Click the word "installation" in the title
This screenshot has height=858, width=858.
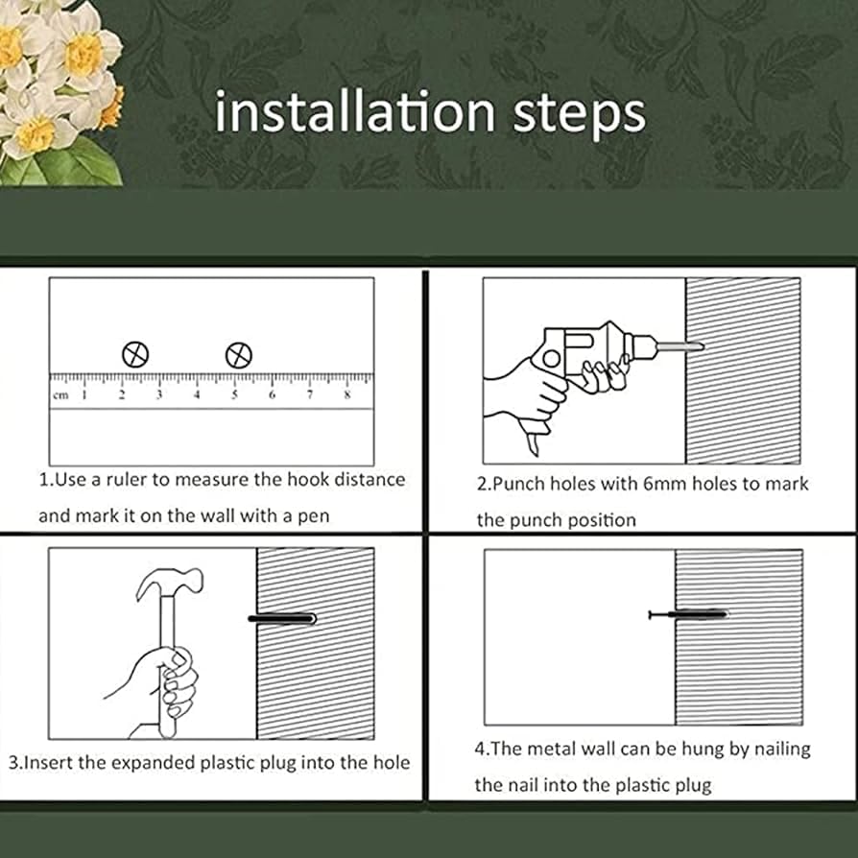click(x=355, y=111)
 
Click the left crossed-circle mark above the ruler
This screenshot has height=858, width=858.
click(x=135, y=354)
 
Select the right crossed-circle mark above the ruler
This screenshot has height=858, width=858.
click(x=239, y=356)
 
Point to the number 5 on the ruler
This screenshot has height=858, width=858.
click(x=234, y=394)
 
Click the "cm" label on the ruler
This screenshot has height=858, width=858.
click(x=60, y=395)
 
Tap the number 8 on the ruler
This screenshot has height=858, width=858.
click(x=346, y=394)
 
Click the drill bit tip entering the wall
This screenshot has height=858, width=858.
click(x=702, y=346)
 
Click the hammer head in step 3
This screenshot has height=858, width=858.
click(x=170, y=584)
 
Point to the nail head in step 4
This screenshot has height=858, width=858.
click(x=650, y=614)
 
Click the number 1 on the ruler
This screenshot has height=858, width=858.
click(x=84, y=394)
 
